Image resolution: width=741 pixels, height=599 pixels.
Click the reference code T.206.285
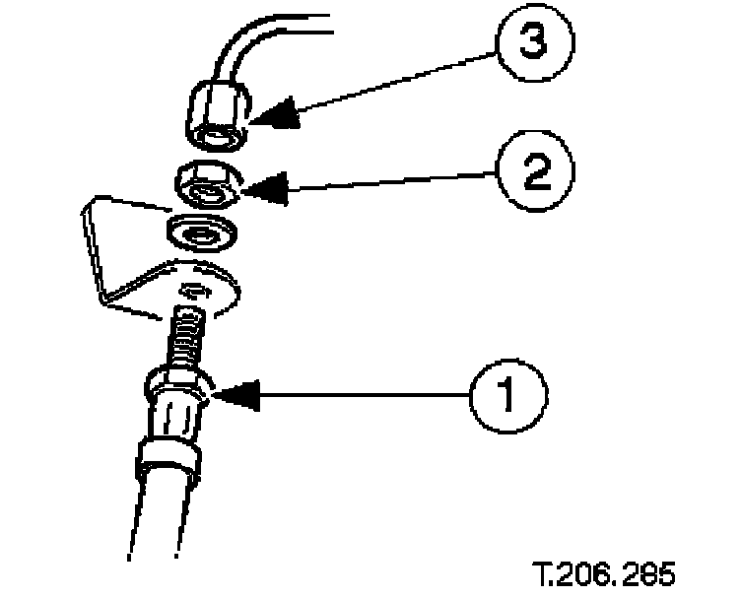[x=603, y=573]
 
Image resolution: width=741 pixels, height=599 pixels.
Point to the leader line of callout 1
[x=355, y=394]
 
